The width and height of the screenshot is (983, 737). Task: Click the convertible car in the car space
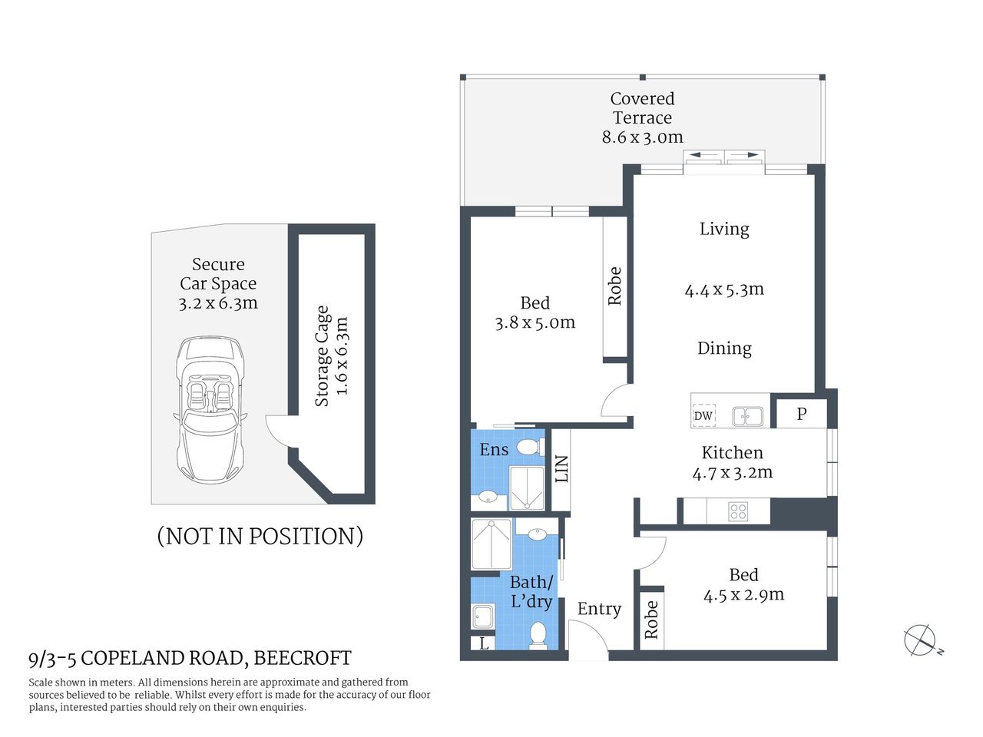[209, 411]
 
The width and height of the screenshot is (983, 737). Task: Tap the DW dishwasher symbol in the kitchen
[703, 416]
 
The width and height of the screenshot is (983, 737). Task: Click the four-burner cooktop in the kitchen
[738, 511]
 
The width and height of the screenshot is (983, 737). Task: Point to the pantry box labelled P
[801, 414]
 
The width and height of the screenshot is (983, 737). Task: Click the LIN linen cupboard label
[561, 469]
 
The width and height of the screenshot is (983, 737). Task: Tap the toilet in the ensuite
[528, 447]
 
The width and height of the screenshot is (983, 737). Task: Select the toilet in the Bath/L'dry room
[538, 634]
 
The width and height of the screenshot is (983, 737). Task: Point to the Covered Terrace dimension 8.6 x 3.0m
[642, 137]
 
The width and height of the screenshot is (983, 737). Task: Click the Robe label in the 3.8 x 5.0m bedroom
[614, 286]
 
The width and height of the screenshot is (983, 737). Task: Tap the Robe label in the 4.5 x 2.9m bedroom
[651, 620]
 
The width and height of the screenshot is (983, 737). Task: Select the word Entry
[599, 609]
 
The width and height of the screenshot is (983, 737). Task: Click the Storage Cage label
[322, 356]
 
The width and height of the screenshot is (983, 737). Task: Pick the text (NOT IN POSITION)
[260, 536]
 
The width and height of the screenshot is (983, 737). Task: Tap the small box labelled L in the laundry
[484, 643]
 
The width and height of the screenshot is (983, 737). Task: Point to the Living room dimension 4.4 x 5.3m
[724, 289]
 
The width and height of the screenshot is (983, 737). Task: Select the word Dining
[724, 349]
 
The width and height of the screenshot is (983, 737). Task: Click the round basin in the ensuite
[488, 497]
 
